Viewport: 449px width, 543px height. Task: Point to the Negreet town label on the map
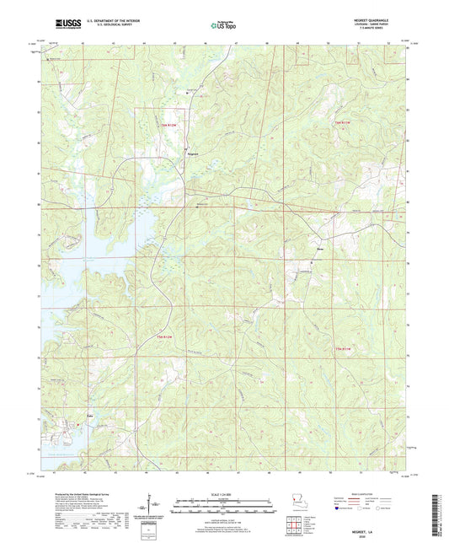click(x=192, y=154)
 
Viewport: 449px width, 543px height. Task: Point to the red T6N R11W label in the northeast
click(x=342, y=124)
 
